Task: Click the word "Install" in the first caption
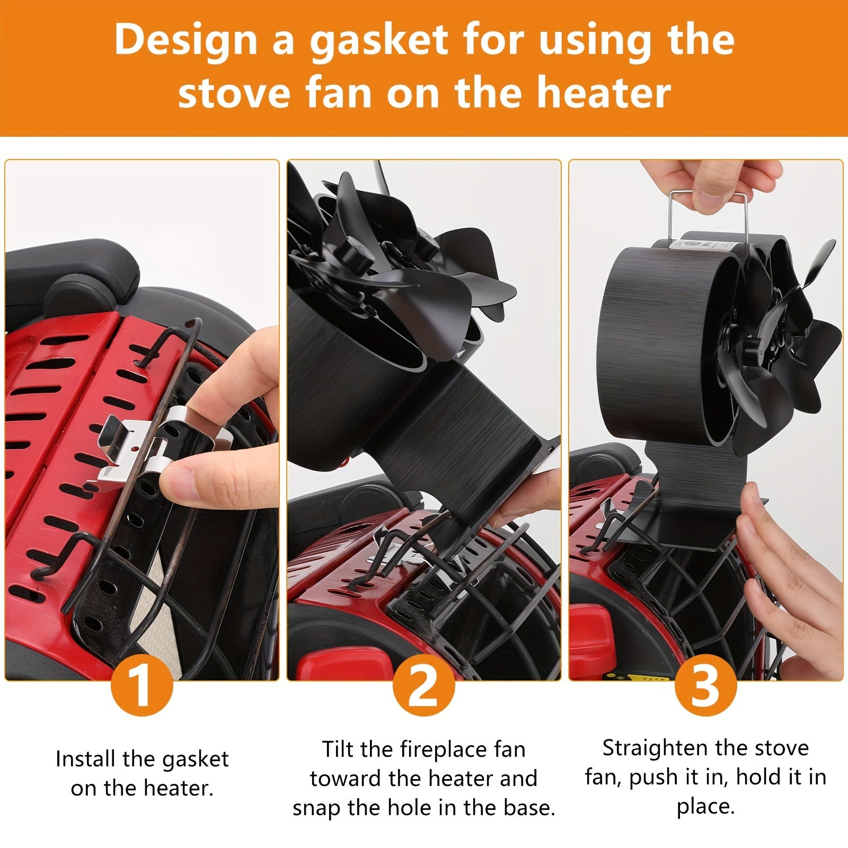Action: pyautogui.click(x=86, y=759)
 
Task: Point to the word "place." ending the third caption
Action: pyautogui.click(x=705, y=808)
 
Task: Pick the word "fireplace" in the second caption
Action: pyautogui.click(x=463, y=750)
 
